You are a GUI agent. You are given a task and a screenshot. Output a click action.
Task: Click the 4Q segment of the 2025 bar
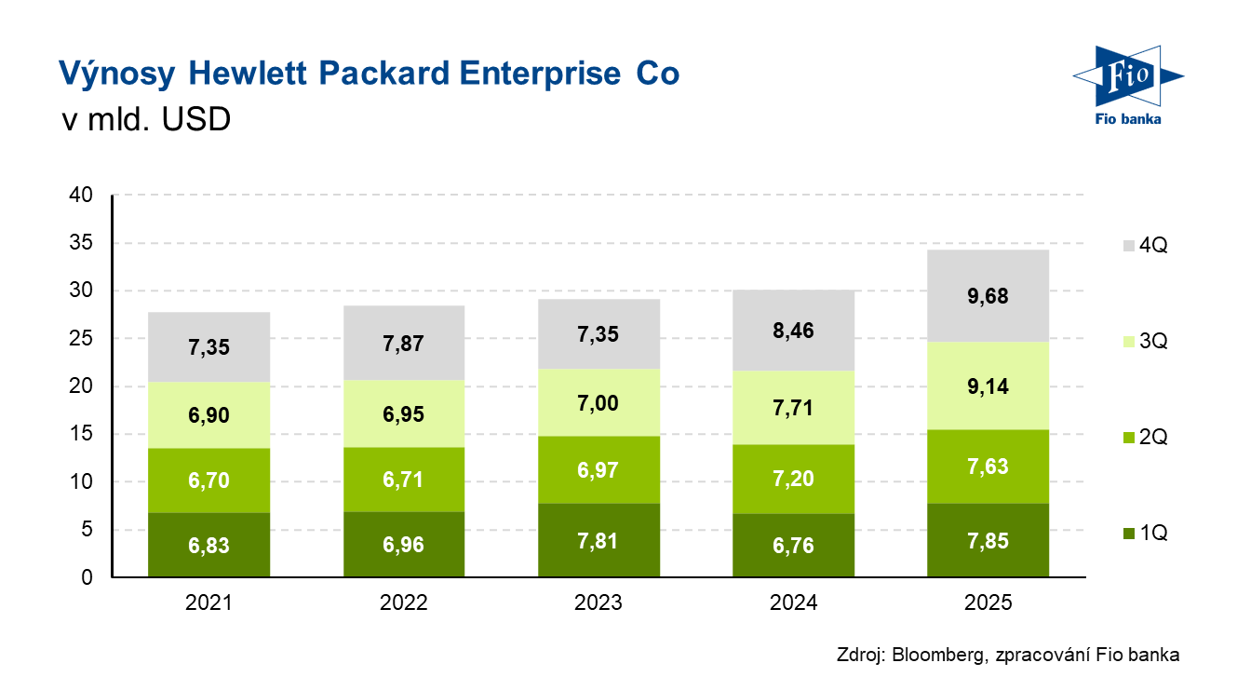coord(988,296)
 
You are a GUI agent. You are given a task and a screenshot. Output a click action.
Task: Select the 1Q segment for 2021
coord(208,545)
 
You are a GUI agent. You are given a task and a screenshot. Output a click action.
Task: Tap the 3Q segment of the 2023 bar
coord(598,402)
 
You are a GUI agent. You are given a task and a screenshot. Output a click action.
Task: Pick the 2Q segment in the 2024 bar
coord(793,479)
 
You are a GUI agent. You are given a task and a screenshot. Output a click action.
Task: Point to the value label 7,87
coord(404,345)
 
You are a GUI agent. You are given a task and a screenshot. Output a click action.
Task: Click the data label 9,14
coord(988,386)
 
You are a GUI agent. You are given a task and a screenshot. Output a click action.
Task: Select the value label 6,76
coord(793,545)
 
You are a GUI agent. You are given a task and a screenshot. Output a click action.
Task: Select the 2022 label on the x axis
coord(404,602)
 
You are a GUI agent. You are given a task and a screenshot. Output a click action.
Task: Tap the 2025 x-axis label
coord(988,602)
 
